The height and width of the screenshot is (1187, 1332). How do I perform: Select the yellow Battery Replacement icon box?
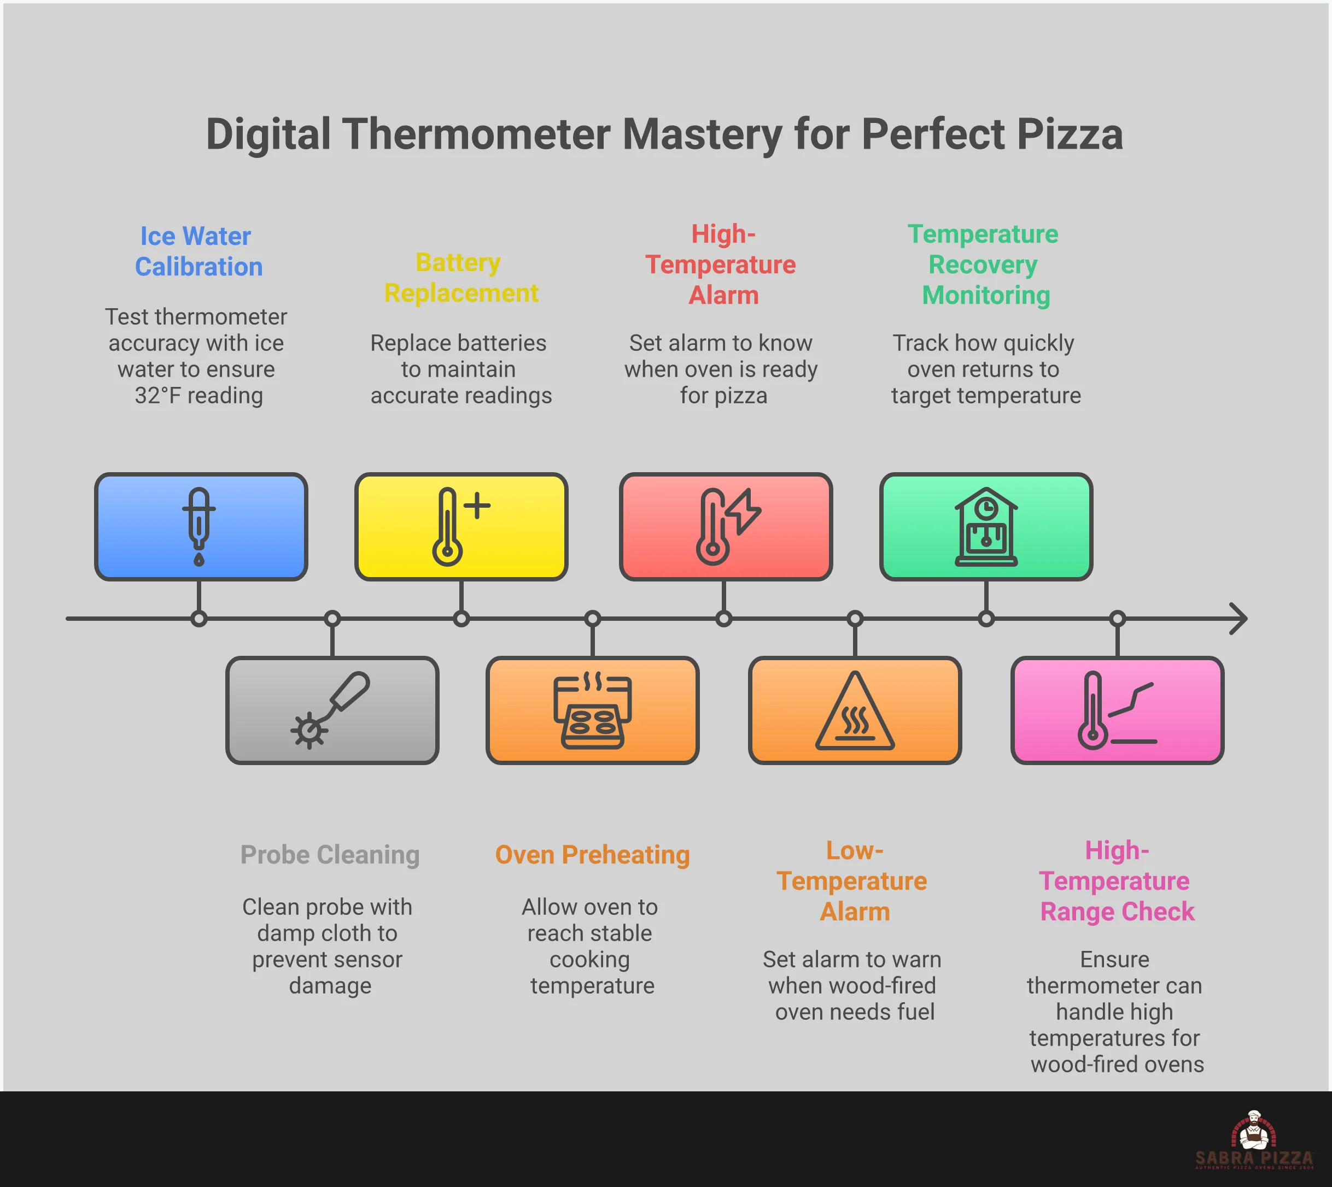click(461, 526)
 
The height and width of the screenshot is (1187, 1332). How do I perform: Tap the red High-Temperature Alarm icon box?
click(725, 526)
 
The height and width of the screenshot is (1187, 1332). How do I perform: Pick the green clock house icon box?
click(985, 526)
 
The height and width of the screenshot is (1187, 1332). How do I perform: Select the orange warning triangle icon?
click(854, 712)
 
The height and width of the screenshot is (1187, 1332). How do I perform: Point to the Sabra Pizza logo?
click(1253, 1141)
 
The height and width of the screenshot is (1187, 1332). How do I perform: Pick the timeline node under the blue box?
click(199, 618)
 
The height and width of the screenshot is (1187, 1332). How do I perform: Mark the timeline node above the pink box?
click(1117, 618)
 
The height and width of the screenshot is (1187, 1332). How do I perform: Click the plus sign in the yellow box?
click(478, 506)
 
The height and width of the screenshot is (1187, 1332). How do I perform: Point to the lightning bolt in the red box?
click(744, 510)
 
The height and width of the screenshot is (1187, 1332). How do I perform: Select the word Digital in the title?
click(268, 134)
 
